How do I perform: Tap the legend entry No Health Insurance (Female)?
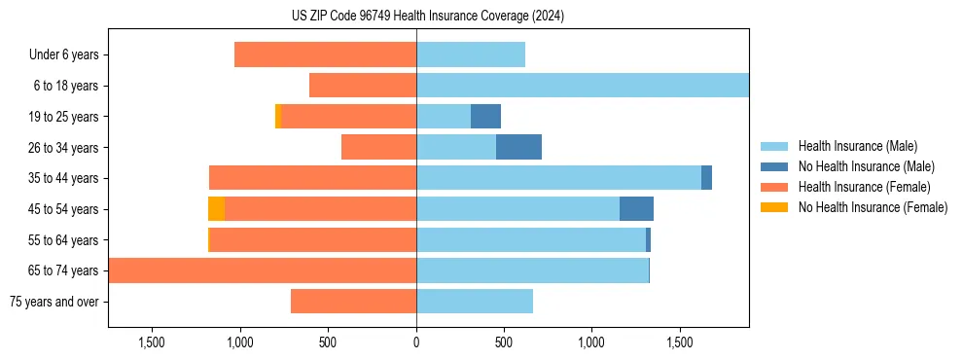click(x=873, y=207)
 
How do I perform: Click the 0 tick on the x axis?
click(x=416, y=342)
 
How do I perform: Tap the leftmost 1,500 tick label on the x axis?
click(x=153, y=342)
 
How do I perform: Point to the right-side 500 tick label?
click(x=504, y=342)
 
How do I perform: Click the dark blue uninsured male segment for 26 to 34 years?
click(x=518, y=147)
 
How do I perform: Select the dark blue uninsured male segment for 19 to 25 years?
click(x=485, y=117)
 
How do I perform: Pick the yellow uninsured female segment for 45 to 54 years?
click(x=216, y=209)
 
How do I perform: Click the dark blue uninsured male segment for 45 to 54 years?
click(x=636, y=209)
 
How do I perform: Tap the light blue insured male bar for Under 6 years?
click(x=471, y=54)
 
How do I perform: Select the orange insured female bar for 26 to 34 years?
click(x=378, y=147)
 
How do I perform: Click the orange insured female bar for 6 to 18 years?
click(x=363, y=86)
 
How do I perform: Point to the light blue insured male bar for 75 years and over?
click(x=475, y=302)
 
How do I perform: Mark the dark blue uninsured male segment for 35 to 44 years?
click(x=706, y=178)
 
